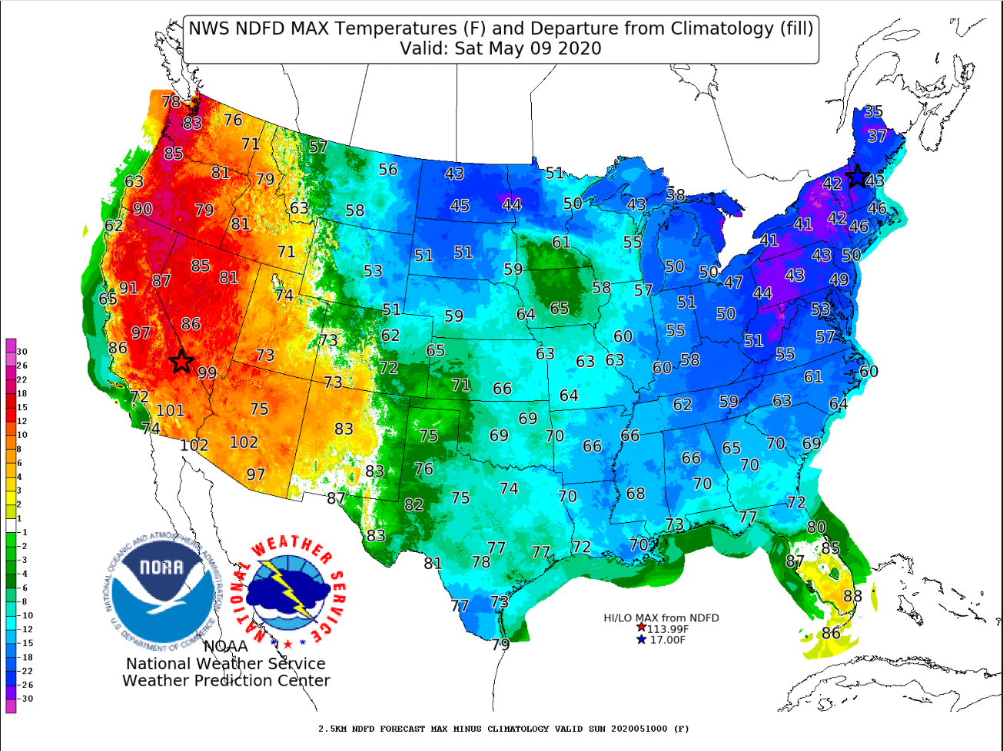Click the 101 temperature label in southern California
[x=171, y=410]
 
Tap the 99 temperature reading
[x=207, y=373]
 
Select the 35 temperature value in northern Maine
[x=873, y=111]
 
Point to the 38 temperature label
[x=675, y=195]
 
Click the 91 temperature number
[x=128, y=288]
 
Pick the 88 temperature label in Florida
[x=852, y=596]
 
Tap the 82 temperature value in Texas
[x=413, y=505]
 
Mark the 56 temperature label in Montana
[x=388, y=169]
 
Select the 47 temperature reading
[x=733, y=283]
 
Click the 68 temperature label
[x=635, y=493]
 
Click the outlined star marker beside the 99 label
[x=181, y=361]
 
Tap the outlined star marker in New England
[x=856, y=177]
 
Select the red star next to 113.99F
[x=641, y=627]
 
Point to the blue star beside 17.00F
[x=641, y=640]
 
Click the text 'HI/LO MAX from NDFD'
[x=661, y=617]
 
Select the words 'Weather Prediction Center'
[x=226, y=680]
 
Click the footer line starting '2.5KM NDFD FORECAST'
[x=503, y=728]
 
